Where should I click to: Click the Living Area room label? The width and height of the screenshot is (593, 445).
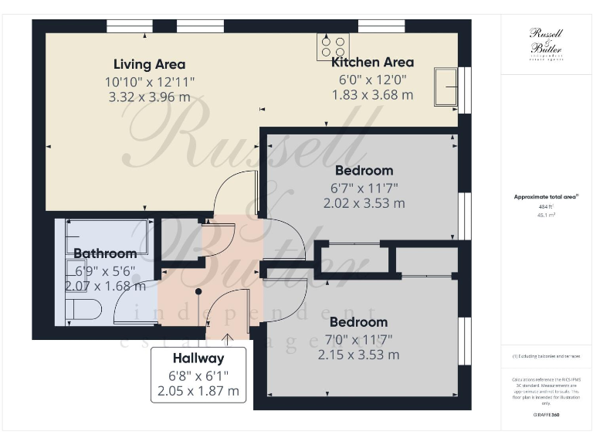(x=149, y=64)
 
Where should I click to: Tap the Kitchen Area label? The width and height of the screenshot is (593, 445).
(x=372, y=62)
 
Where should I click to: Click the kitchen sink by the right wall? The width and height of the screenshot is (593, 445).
(x=446, y=87)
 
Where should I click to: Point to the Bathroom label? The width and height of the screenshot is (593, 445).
(x=105, y=253)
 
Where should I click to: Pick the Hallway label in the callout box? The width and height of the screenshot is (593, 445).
(x=198, y=358)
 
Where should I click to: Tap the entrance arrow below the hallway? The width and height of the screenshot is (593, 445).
(x=228, y=338)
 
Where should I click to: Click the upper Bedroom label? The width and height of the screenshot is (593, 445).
(x=364, y=170)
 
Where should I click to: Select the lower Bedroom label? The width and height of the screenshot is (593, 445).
(x=358, y=321)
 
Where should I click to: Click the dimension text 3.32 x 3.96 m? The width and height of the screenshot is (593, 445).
(x=149, y=97)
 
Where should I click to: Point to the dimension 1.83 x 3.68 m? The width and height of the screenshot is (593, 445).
(x=372, y=95)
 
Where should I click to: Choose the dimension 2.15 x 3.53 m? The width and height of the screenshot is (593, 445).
(x=358, y=355)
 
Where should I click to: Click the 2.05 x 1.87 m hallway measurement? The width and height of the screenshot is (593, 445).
(x=198, y=391)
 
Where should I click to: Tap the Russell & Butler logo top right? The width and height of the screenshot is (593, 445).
(x=545, y=42)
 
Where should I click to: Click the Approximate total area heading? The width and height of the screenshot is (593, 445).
(x=546, y=197)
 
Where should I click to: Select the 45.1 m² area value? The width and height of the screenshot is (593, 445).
(x=546, y=216)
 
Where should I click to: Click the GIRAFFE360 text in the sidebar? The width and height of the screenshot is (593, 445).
(x=546, y=415)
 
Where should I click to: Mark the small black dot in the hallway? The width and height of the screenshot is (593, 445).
(x=198, y=291)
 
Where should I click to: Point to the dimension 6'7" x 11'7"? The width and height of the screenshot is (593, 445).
(x=364, y=187)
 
